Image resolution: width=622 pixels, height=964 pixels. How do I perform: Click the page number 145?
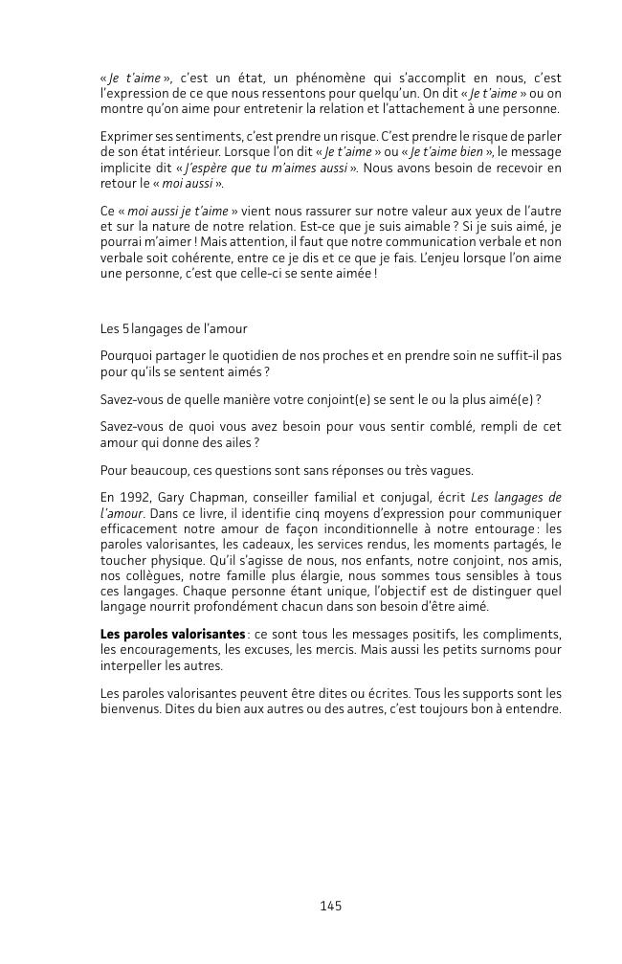(330, 906)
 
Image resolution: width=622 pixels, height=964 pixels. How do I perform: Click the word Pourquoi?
(127, 355)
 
